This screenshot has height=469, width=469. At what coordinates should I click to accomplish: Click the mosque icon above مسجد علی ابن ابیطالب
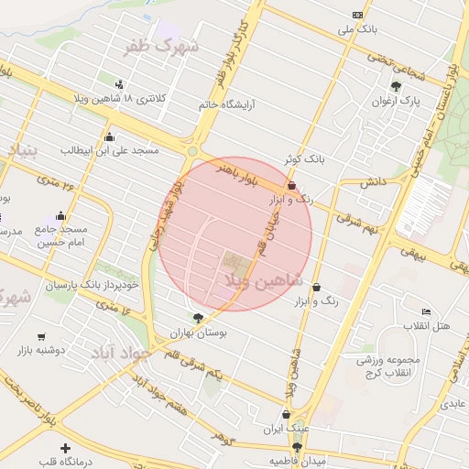click(109, 136)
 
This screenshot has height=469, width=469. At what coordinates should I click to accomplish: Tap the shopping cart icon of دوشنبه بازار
click(42, 337)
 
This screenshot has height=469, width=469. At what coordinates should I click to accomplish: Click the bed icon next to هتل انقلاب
click(425, 312)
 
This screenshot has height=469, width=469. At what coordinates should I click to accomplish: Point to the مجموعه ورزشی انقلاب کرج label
click(388, 365)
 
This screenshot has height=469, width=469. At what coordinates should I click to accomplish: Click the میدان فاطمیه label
click(298, 461)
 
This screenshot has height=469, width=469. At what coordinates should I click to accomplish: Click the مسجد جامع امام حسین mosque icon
click(61, 216)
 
